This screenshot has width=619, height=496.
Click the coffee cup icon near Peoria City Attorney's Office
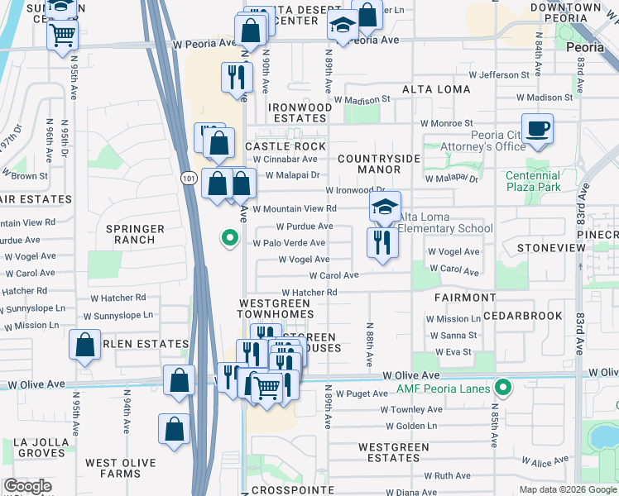(x=537, y=129)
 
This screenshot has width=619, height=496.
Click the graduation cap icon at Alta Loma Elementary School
(x=385, y=207)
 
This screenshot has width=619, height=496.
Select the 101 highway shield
(x=188, y=178)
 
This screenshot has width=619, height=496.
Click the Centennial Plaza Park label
(x=534, y=182)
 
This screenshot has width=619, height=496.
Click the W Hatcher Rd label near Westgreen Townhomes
(x=309, y=293)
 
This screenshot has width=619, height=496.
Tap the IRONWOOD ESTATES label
(x=300, y=113)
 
